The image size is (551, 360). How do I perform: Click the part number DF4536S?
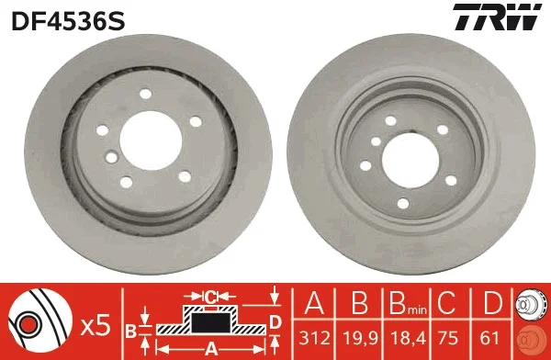(68, 21)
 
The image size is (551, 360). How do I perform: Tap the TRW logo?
(497, 17)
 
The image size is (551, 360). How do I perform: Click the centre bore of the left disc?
(151, 141)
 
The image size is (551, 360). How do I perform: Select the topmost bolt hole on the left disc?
(145, 94)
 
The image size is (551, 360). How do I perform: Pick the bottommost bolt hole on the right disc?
(403, 204)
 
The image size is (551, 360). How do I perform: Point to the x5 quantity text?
(96, 326)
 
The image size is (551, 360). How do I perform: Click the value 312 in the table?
(314, 338)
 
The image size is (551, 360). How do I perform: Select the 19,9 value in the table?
(360, 338)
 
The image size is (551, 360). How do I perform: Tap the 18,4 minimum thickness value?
(408, 338)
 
